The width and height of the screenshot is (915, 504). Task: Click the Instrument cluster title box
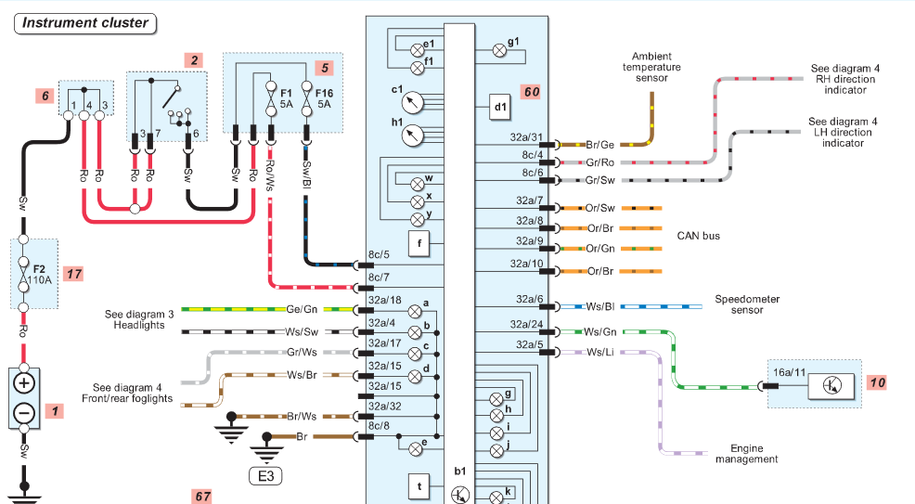pos(85,23)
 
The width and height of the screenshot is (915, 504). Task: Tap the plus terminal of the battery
pos(24,384)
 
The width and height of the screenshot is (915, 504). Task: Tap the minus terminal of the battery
pos(24,414)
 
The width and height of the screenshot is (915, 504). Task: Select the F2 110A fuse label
pos(39,275)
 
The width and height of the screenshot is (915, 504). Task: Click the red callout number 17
pos(73,274)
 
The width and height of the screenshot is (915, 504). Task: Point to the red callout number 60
pos(531,92)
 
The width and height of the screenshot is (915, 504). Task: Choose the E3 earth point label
pos(265,476)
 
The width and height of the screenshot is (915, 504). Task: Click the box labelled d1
pos(500,108)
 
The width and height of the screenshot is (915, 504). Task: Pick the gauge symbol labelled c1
pos(413,103)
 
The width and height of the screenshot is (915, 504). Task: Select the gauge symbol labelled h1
pos(413,136)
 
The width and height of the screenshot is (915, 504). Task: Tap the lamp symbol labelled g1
pos(499,51)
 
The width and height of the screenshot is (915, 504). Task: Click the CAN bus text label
pos(699,237)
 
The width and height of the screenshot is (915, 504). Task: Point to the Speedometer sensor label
pos(747,304)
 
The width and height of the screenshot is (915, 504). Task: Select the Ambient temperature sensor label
pos(651,67)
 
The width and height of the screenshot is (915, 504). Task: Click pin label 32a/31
pos(526,137)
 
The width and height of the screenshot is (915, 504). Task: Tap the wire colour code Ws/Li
pos(599,353)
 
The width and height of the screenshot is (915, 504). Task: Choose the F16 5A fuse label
pos(324,98)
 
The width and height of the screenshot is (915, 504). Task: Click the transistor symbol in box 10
pos(831,385)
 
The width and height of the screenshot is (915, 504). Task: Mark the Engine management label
pos(747,454)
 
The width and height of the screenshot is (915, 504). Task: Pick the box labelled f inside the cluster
pos(419,244)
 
